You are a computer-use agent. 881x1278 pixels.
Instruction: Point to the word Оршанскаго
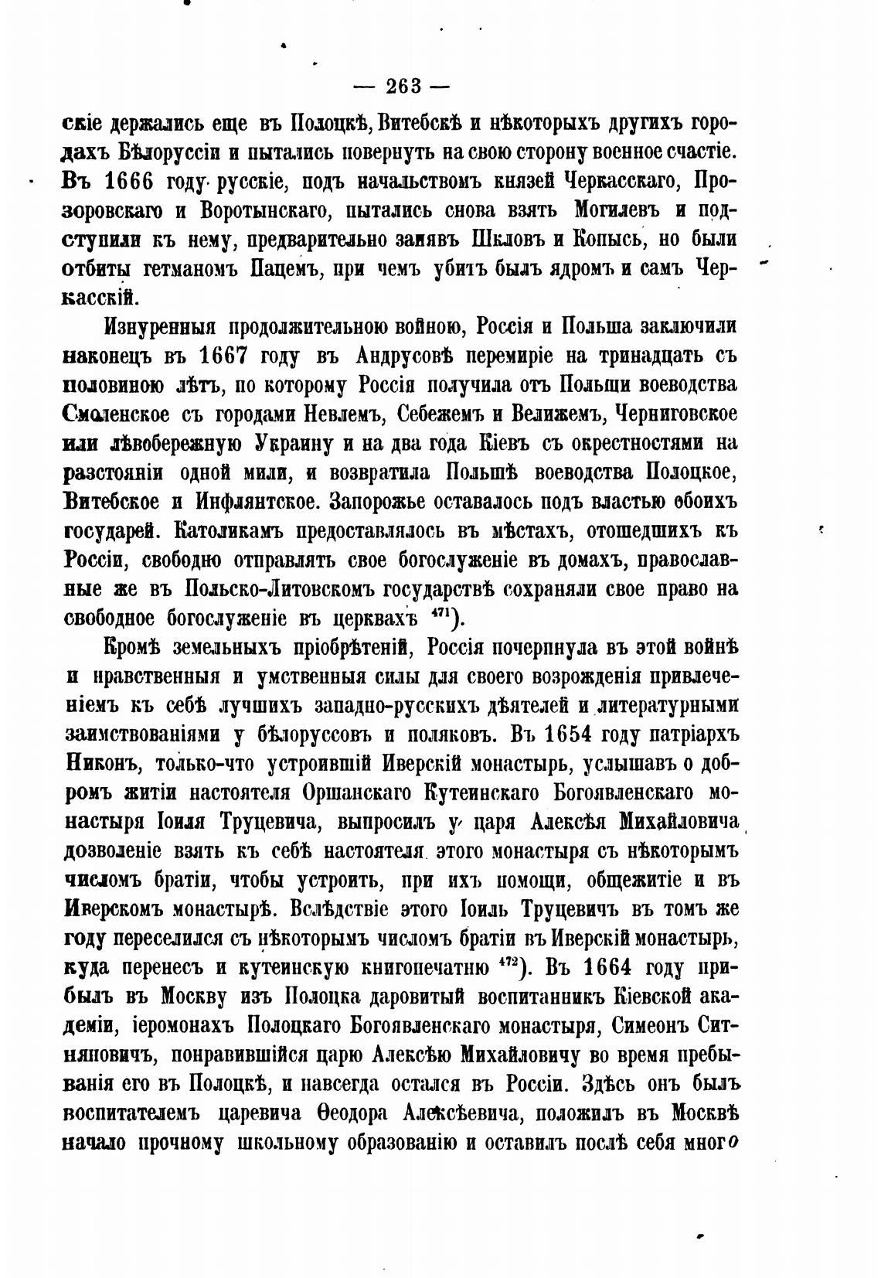[362, 792]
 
